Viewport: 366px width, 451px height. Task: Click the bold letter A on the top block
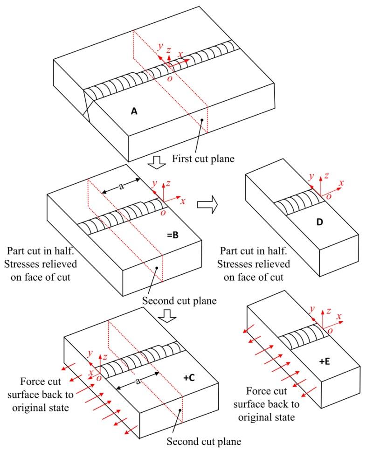pyautogui.click(x=134, y=111)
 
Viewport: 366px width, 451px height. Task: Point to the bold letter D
pyautogui.click(x=319, y=222)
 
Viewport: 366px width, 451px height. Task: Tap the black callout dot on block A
pyautogui.click(x=202, y=120)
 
